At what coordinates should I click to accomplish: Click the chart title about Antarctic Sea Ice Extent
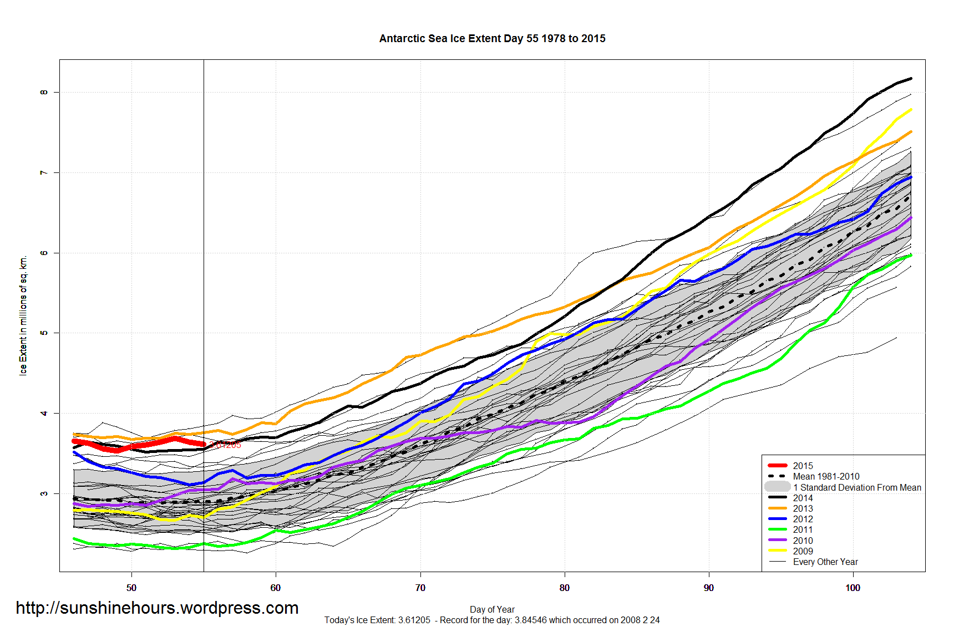492,38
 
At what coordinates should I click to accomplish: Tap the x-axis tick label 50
131,588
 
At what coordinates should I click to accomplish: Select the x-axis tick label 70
420,588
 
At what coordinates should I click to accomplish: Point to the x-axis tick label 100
853,588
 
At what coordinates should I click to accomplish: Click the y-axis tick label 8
44,92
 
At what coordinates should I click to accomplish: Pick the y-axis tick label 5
44,333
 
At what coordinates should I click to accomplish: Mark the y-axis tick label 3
44,493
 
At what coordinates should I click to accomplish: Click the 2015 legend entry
803,466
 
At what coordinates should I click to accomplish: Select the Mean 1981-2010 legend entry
826,476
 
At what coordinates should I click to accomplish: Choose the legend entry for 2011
803,529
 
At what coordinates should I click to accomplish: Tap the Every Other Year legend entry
825,562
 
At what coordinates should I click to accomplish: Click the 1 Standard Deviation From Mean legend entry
856,487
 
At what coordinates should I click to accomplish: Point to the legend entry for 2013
803,508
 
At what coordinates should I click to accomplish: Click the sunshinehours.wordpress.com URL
157,608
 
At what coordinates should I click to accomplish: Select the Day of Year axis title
492,609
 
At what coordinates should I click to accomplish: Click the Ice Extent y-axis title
23,315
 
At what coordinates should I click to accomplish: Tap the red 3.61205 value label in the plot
226,445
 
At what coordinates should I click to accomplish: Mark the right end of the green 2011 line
911,255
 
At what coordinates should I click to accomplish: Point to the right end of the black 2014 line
911,79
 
